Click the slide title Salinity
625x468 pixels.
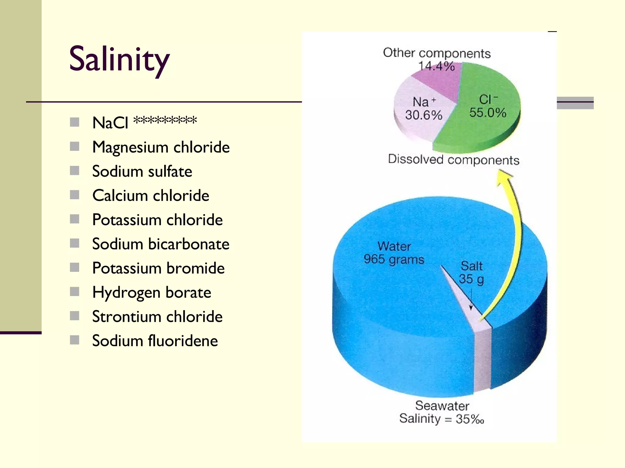coord(119,59)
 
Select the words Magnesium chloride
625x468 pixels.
coord(161,147)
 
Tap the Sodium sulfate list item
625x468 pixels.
coord(142,171)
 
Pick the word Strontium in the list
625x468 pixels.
coord(126,317)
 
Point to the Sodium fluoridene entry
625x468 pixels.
coord(155,341)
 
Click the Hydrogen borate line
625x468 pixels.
coord(152,292)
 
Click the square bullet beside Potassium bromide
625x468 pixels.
coord(74,268)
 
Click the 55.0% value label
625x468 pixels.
coord(488,113)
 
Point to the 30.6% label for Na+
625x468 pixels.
coord(424,115)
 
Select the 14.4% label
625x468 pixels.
coord(436,66)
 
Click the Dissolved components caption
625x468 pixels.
coord(453,160)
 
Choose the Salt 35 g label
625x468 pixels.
coord(471,273)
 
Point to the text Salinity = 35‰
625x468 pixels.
coord(442,419)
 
